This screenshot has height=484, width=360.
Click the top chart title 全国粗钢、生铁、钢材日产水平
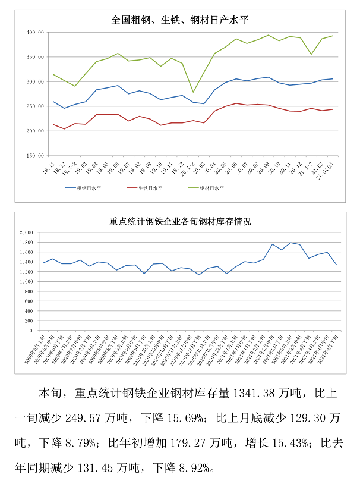point(180,20)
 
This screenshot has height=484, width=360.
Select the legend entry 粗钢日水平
point(88,187)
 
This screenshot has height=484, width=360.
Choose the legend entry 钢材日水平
point(212,187)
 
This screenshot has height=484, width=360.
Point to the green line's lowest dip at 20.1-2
point(192,92)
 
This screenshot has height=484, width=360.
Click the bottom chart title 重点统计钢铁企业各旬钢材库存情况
point(180,222)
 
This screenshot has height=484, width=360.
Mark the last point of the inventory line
point(337,265)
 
